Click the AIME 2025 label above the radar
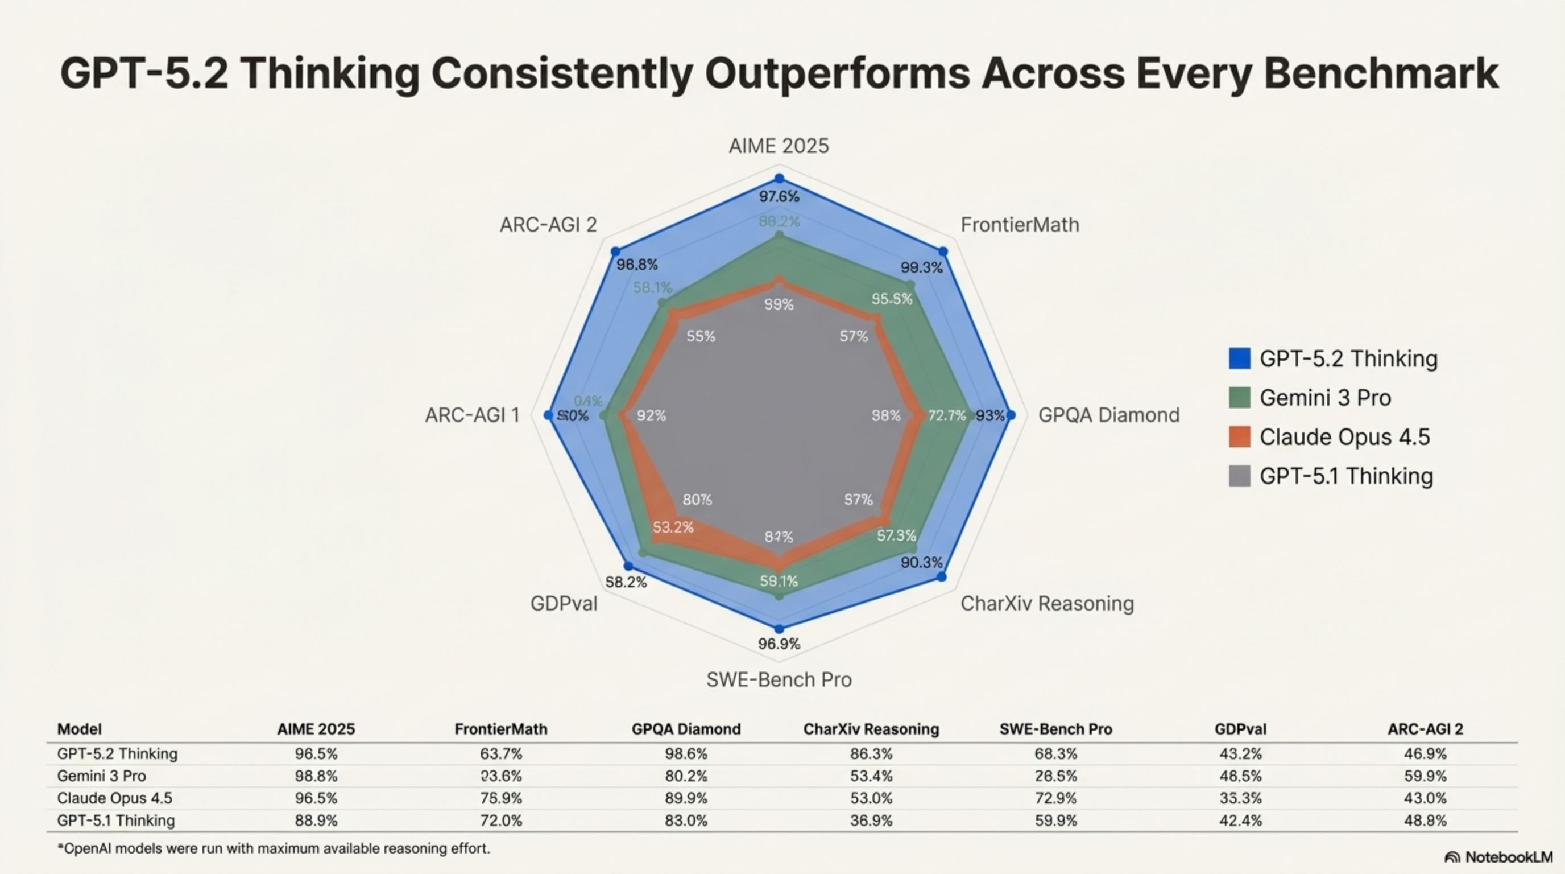(x=779, y=146)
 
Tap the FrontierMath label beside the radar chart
(x=1020, y=225)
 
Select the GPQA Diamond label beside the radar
(x=1108, y=415)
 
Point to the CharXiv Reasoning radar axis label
(x=1047, y=604)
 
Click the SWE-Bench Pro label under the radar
(x=779, y=679)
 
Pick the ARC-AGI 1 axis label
(x=472, y=415)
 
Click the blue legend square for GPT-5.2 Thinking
(x=1239, y=358)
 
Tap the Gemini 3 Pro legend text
(x=1325, y=398)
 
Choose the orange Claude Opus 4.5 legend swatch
(x=1239, y=437)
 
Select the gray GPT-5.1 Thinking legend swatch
(x=1239, y=476)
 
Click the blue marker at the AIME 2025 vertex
(x=779, y=179)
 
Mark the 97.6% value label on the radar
(x=779, y=196)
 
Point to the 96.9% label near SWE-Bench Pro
(x=779, y=644)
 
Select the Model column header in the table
(x=79, y=729)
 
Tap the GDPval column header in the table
(x=1240, y=729)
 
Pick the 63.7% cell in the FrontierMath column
(x=500, y=755)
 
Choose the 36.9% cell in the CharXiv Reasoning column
(x=871, y=821)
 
